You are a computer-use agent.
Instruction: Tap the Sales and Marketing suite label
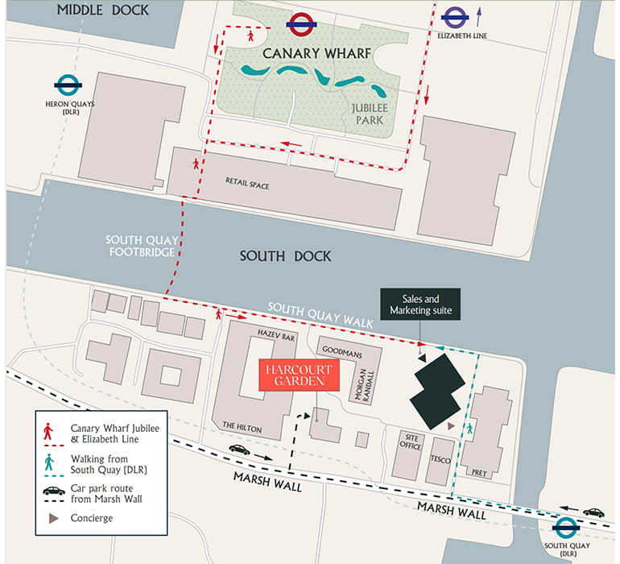[422, 304]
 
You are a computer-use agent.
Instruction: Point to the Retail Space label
[247, 185]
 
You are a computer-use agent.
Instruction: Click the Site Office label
[410, 442]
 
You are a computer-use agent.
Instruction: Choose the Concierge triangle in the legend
[53, 518]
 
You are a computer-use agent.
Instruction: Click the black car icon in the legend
[53, 491]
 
